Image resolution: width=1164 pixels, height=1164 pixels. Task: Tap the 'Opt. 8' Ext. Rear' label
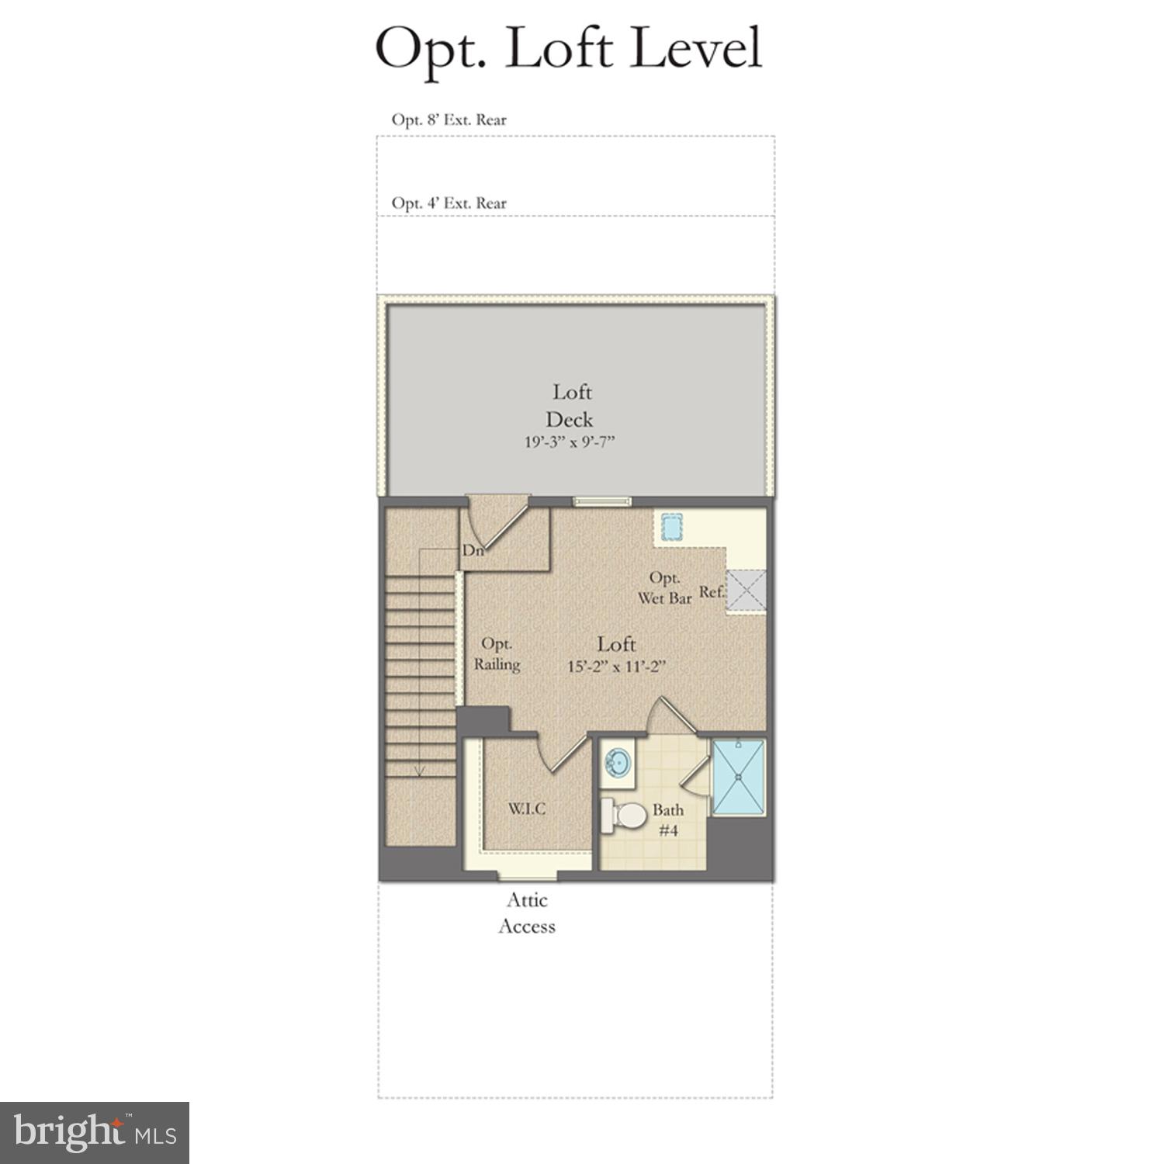[449, 120]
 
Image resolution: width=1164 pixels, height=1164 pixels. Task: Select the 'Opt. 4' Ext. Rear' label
[449, 203]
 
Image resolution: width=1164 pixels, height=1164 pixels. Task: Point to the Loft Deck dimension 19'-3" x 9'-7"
[570, 443]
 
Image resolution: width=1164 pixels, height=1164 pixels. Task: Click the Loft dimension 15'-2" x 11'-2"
[617, 667]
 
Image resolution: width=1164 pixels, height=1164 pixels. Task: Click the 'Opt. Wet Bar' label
[665, 588]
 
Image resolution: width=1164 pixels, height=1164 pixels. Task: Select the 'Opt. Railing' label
[497, 654]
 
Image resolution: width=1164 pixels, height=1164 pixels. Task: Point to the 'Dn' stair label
[473, 551]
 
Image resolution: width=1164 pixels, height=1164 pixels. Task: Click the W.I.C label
[527, 809]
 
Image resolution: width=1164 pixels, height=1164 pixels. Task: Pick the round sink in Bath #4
[618, 761]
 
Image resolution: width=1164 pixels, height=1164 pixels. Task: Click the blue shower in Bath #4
[739, 777]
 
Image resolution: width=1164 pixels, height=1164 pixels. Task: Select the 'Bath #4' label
[668, 819]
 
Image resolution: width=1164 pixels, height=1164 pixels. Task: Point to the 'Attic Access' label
[527, 913]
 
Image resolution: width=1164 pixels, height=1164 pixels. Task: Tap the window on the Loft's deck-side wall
[601, 501]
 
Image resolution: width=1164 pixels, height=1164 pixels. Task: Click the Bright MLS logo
[95, 1132]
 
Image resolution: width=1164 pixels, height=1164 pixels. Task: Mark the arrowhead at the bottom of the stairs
[420, 771]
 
